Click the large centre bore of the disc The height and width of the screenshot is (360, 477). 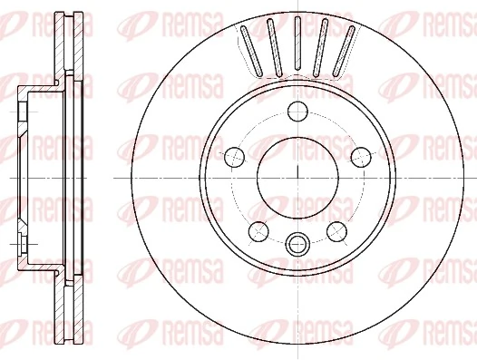297,175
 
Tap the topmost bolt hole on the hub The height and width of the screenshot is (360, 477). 297,112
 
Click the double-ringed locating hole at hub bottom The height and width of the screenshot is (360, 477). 297,242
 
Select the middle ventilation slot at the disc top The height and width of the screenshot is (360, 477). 297,46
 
